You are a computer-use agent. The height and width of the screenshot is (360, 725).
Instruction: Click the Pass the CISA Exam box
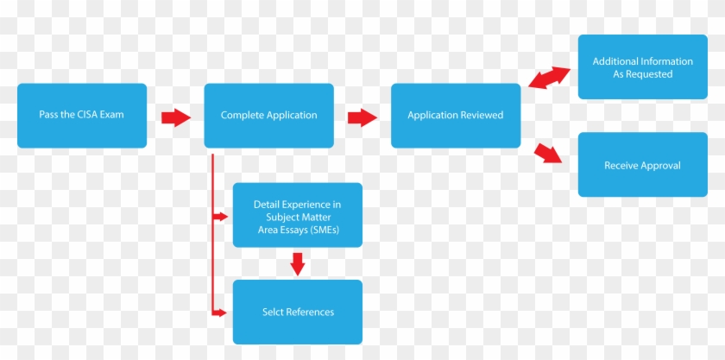(82, 116)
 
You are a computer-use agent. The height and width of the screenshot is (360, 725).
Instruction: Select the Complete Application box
(268, 116)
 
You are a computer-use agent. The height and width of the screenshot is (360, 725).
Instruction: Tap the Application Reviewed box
(456, 116)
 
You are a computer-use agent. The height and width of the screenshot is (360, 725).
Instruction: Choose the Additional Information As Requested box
(642, 67)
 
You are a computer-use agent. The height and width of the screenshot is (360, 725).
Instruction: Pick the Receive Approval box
(642, 165)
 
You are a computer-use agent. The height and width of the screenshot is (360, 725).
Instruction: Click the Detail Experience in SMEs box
(298, 216)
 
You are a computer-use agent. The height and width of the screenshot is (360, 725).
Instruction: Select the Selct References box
(298, 312)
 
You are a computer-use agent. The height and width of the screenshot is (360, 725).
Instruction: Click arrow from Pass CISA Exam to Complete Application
(176, 117)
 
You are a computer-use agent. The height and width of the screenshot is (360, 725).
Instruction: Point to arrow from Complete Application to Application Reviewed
(362, 117)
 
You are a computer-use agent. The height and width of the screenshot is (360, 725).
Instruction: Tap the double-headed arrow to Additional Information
(549, 77)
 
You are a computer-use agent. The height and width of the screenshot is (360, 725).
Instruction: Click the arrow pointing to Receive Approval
(548, 154)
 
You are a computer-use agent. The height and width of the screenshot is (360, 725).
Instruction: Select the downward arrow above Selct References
(298, 263)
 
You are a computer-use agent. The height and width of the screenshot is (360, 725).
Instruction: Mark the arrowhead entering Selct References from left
(225, 312)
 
